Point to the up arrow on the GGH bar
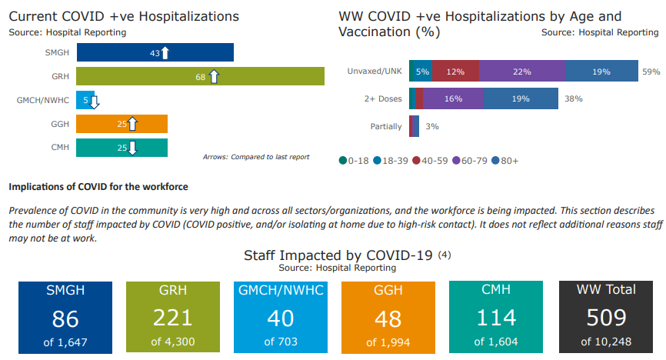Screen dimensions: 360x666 pyautogui.click(x=132, y=124)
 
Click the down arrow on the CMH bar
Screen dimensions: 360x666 pyautogui.click(x=132, y=147)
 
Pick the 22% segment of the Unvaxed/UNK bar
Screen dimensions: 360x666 pyautogui.click(x=522, y=72)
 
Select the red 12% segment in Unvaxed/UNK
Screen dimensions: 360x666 pyautogui.click(x=455, y=72)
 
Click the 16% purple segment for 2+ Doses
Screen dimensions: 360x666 pyautogui.click(x=453, y=98)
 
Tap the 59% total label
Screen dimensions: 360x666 pyautogui.click(x=651, y=72)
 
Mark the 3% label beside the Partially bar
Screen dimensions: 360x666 pyautogui.click(x=432, y=126)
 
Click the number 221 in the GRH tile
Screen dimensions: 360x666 pyautogui.click(x=173, y=318)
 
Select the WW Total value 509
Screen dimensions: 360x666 pyautogui.click(x=606, y=318)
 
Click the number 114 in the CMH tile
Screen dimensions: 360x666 pyautogui.click(x=495, y=318)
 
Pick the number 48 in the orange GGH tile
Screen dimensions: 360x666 pyautogui.click(x=388, y=318)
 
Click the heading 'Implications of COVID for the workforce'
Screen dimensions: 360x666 pyautogui.click(x=98, y=187)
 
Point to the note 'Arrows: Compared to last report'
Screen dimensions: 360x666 pyautogui.click(x=256, y=157)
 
